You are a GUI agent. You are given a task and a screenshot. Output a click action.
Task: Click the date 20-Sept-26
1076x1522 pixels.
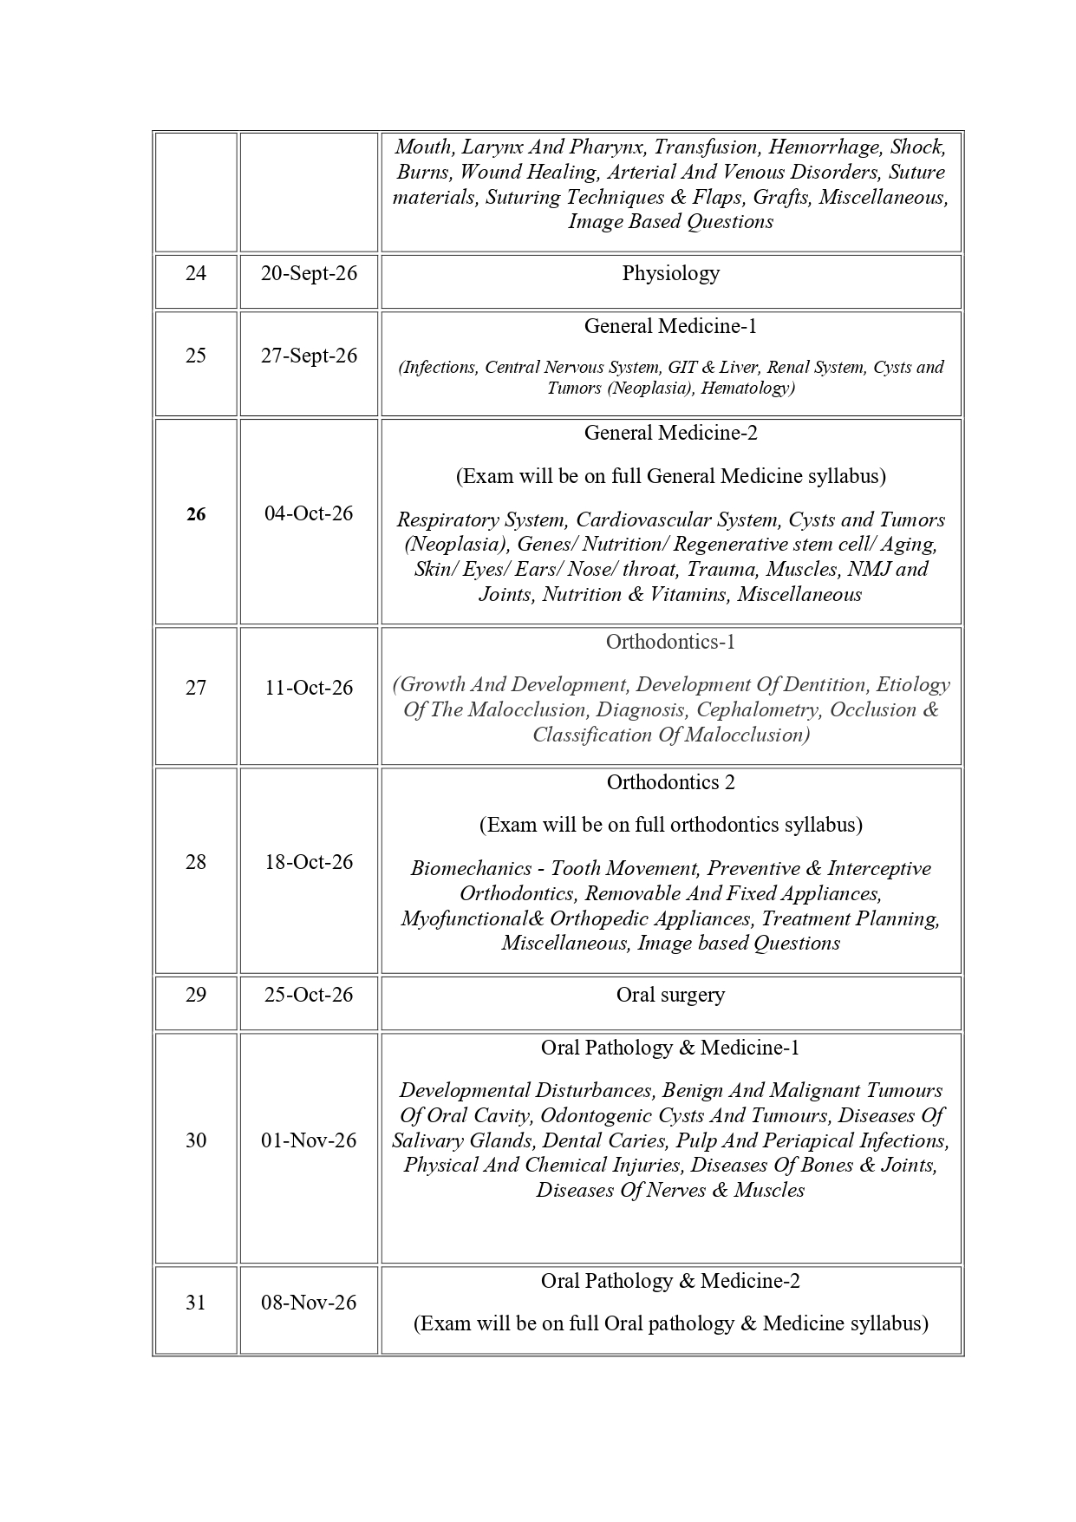pyautogui.click(x=309, y=273)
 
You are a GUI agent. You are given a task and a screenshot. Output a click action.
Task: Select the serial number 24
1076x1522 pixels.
pyautogui.click(x=196, y=273)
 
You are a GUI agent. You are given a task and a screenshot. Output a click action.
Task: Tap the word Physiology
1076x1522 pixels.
pyautogui.click(x=670, y=273)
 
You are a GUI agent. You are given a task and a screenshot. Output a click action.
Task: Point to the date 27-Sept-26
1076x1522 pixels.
pyautogui.click(x=309, y=356)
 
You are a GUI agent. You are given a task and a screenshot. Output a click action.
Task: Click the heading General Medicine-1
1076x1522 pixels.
pyautogui.click(x=670, y=326)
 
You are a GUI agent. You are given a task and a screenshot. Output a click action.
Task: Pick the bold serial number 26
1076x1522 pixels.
pyautogui.click(x=196, y=514)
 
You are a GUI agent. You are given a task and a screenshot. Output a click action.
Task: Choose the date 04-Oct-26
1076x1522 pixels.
pyautogui.click(x=309, y=513)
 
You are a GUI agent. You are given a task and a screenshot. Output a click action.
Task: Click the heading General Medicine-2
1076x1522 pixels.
pyautogui.click(x=670, y=433)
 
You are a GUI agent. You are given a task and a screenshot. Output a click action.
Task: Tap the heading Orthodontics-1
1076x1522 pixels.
pyautogui.click(x=670, y=642)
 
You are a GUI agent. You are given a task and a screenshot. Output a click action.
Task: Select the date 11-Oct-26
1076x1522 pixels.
pyautogui.click(x=309, y=688)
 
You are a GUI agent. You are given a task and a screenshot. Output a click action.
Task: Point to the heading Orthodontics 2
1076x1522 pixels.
pyautogui.click(x=670, y=782)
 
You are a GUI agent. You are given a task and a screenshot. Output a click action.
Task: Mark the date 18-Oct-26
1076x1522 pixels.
pyautogui.click(x=309, y=862)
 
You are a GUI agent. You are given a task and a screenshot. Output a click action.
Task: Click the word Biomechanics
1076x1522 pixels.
pyautogui.click(x=471, y=868)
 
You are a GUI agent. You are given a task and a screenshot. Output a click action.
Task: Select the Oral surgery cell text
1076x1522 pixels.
pyautogui.click(x=670, y=995)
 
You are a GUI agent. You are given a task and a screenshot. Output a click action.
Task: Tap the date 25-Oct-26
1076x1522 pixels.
pyautogui.click(x=309, y=995)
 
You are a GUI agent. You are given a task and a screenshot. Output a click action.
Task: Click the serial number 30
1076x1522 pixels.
pyautogui.click(x=196, y=1140)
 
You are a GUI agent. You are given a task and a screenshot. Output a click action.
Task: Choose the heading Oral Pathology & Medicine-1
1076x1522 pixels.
pyautogui.click(x=670, y=1048)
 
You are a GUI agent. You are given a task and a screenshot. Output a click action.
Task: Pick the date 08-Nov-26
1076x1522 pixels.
pyautogui.click(x=309, y=1303)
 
